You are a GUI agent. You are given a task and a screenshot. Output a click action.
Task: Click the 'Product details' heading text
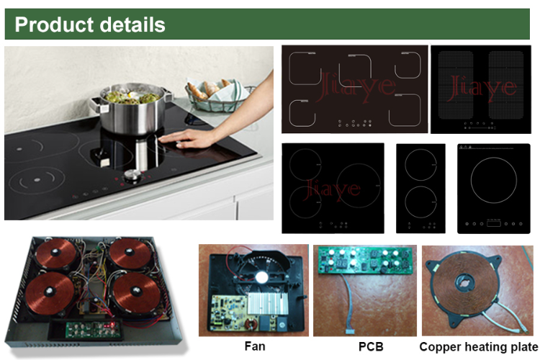point(90,24)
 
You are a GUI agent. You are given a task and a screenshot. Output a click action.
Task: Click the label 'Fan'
point(253,347)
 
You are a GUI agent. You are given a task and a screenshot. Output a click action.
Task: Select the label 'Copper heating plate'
point(478,347)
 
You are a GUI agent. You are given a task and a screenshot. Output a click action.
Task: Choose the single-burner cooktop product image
point(493,188)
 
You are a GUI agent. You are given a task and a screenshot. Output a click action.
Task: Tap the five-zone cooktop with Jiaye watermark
point(354,89)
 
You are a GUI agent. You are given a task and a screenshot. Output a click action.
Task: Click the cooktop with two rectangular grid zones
point(479,89)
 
